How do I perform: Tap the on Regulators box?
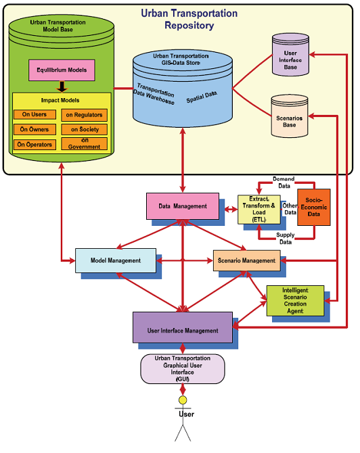pyautogui.click(x=84, y=114)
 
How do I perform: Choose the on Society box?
pyautogui.click(x=84, y=129)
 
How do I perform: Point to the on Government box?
pyautogui.click(x=84, y=144)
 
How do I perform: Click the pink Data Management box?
pyautogui.click(x=183, y=206)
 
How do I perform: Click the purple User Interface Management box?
pyautogui.click(x=183, y=330)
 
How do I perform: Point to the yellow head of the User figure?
pyautogui.click(x=182, y=401)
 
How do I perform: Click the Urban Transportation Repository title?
pyautogui.click(x=180, y=19)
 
